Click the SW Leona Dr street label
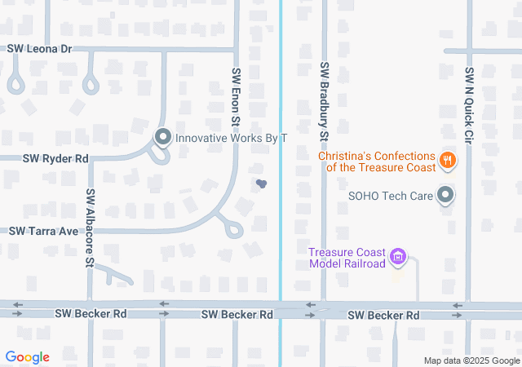click(x=40, y=49)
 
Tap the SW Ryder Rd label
click(x=55, y=158)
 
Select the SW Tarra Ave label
click(x=44, y=232)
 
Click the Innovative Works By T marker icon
click(x=162, y=137)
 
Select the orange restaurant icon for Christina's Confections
click(x=446, y=160)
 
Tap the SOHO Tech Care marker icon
click(x=445, y=195)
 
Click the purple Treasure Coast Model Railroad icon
click(x=398, y=258)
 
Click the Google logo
click(x=27, y=357)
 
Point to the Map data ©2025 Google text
click(x=471, y=360)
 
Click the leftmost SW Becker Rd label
click(x=91, y=313)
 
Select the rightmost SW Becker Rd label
click(x=383, y=315)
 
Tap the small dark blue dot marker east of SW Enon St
click(x=261, y=184)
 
